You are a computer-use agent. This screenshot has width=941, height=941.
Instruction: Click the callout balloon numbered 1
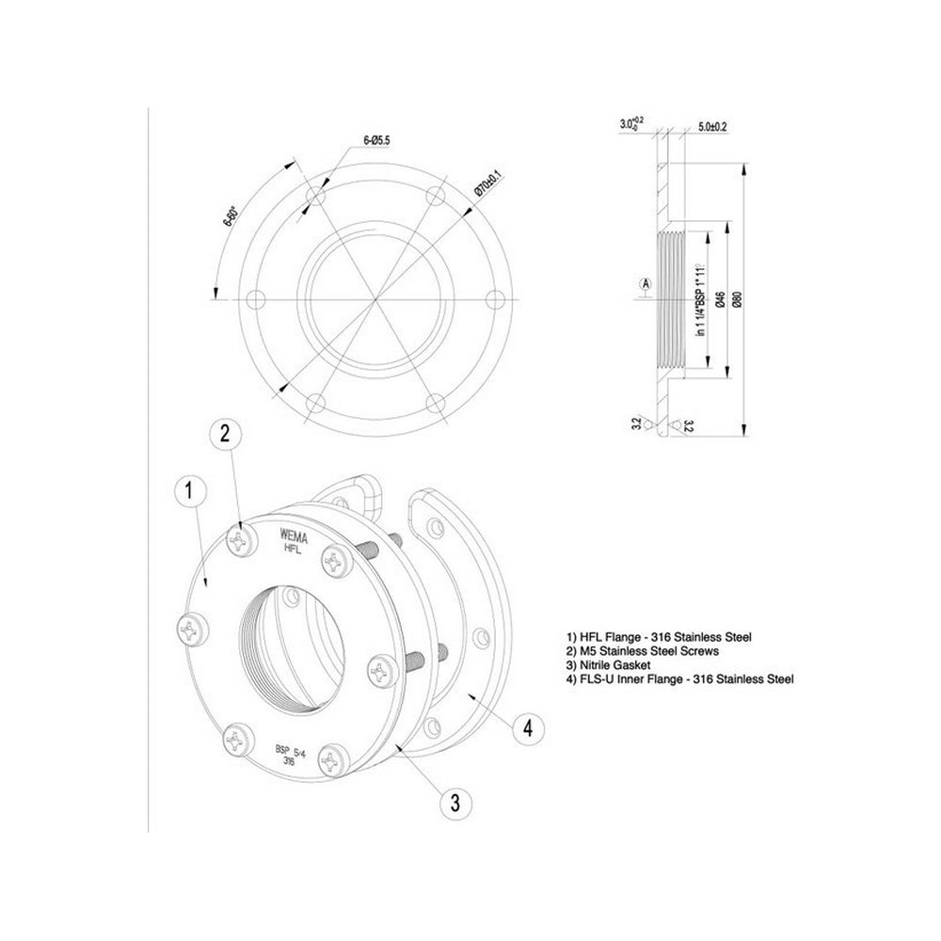point(189,490)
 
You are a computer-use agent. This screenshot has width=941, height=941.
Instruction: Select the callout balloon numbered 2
point(225,432)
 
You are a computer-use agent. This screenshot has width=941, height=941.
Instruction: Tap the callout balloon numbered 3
point(455,803)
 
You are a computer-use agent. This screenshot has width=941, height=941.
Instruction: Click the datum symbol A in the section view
point(645,281)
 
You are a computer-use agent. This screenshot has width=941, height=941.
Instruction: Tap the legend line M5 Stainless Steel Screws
point(643,651)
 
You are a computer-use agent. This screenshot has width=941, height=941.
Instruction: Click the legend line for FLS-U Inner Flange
point(682,678)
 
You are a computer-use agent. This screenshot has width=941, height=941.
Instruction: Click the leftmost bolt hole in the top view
point(254,299)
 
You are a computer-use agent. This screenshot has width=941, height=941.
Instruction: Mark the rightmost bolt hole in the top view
point(493,299)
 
